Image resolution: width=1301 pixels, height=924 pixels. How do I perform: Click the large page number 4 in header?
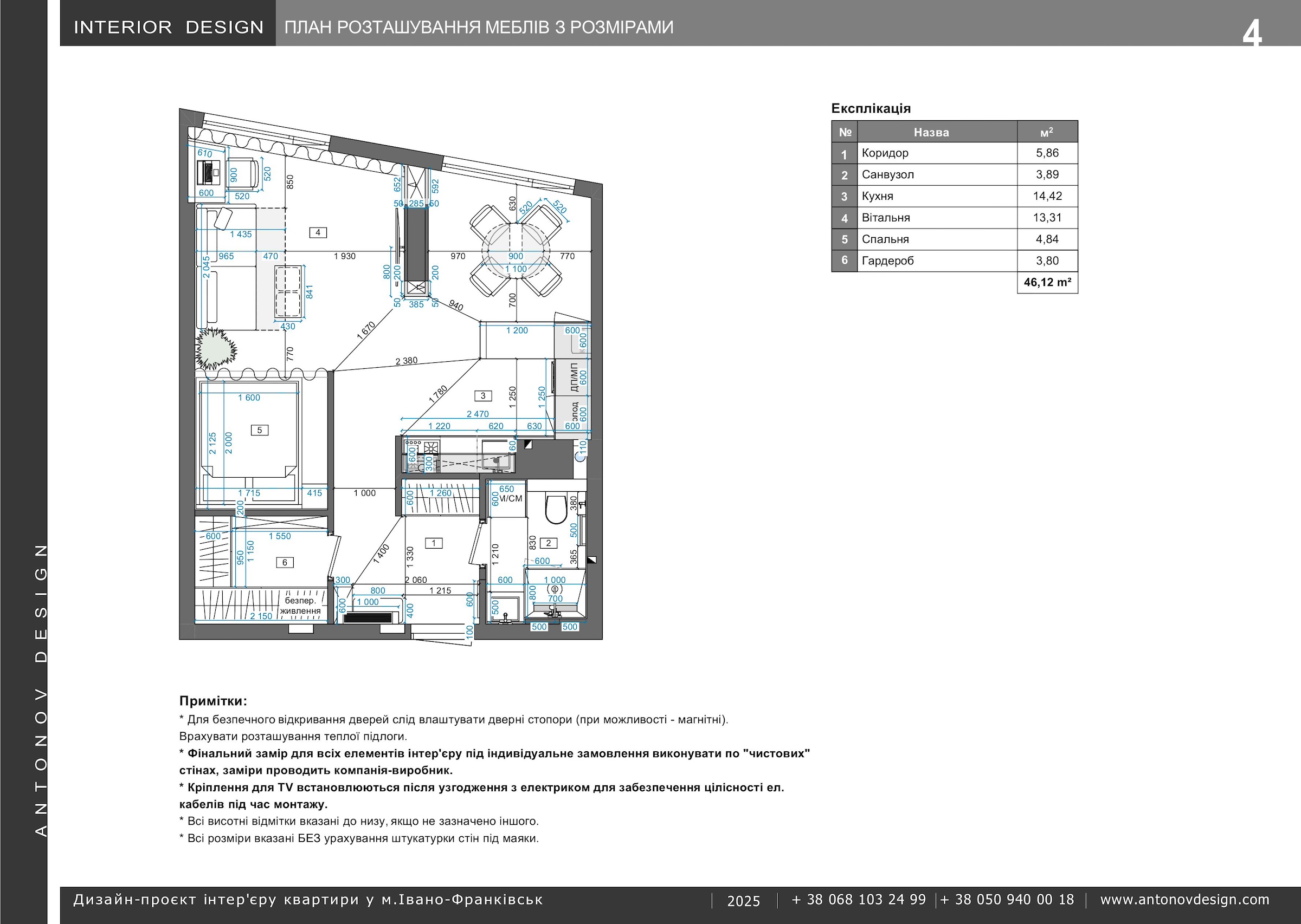coord(1252,34)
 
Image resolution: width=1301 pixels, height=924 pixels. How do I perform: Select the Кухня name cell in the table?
coord(937,196)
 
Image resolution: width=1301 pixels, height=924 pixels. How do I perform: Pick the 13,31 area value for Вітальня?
coord(1047,218)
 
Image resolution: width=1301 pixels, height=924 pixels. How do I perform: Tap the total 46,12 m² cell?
coord(1047,282)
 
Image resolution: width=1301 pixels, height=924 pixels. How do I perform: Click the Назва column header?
coord(931,133)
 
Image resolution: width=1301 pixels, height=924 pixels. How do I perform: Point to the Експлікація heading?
coord(871,108)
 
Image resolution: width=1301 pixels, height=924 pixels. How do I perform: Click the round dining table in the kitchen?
coord(516,251)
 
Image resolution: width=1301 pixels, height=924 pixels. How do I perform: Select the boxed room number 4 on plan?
coord(318,232)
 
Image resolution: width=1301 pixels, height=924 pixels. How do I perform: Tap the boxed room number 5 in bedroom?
coord(260,430)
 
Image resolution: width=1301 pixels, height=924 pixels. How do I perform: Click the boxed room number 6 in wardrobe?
coord(285,562)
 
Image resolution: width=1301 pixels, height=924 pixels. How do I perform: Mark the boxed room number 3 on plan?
coord(483,395)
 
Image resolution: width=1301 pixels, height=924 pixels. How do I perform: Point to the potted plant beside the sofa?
coord(216,348)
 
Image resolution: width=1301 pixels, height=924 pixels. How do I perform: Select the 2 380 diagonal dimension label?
coord(407,361)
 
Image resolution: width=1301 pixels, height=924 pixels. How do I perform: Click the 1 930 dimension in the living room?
coord(344,256)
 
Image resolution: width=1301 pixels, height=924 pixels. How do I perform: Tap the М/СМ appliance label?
coord(511,498)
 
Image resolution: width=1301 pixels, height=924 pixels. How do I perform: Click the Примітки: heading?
coord(213,701)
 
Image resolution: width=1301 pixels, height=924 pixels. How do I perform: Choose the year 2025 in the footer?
coord(744,901)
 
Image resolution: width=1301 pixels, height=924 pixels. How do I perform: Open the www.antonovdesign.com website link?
coord(1184,900)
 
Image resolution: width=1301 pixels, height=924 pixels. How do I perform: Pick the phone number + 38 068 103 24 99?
coord(859,900)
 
